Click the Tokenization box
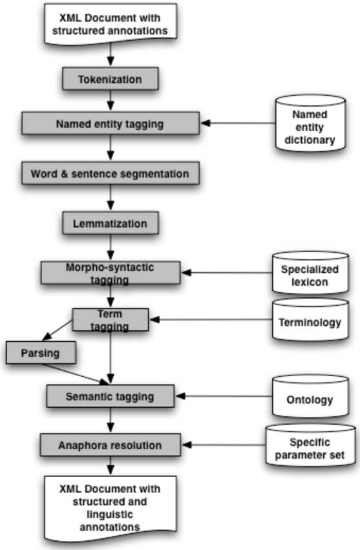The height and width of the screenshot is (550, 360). tap(110, 79)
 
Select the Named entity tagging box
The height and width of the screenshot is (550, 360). tap(111, 123)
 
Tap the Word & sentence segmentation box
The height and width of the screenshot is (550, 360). tap(111, 173)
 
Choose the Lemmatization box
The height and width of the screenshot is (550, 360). tap(110, 223)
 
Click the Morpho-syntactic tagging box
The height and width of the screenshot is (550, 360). tap(111, 273)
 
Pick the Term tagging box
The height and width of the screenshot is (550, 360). tap(111, 319)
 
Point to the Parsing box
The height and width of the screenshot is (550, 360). tap(41, 352)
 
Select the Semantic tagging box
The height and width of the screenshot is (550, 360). tap(110, 396)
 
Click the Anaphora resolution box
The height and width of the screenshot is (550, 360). tap(110, 445)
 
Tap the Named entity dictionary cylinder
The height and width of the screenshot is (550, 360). tap(310, 123)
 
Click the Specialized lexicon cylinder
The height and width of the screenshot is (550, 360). tap(310, 273)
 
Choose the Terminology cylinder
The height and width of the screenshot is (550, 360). tap(310, 319)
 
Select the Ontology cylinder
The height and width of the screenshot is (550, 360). tap(310, 396)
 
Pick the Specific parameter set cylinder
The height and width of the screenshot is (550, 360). tap(310, 445)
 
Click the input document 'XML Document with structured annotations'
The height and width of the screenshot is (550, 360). tap(110, 24)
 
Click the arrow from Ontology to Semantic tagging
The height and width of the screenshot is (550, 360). tap(224, 396)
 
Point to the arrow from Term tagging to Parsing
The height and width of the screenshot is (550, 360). tap(58, 330)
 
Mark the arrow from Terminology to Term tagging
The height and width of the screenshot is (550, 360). tap(211, 319)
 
